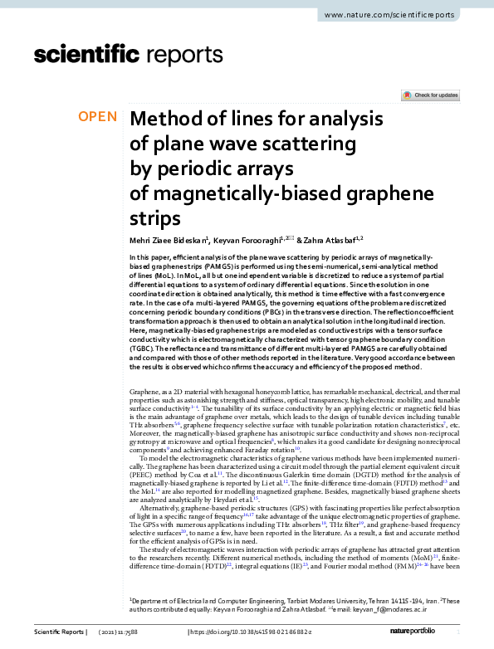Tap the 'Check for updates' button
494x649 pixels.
pos(430,95)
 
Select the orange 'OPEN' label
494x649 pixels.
pos(98,116)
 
